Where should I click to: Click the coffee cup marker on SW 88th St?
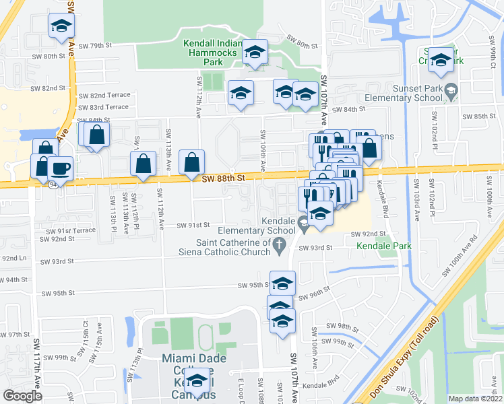pyautogui.click(x=61, y=168)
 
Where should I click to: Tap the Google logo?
pyautogui.click(x=22, y=396)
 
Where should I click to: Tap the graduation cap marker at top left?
pyautogui.click(x=62, y=26)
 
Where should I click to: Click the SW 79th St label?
pyautogui.click(x=94, y=46)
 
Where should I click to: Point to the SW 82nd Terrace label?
pyautogui.click(x=103, y=96)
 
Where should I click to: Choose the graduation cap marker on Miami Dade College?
pyautogui.click(x=197, y=381)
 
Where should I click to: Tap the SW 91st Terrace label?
pyautogui.click(x=71, y=230)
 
